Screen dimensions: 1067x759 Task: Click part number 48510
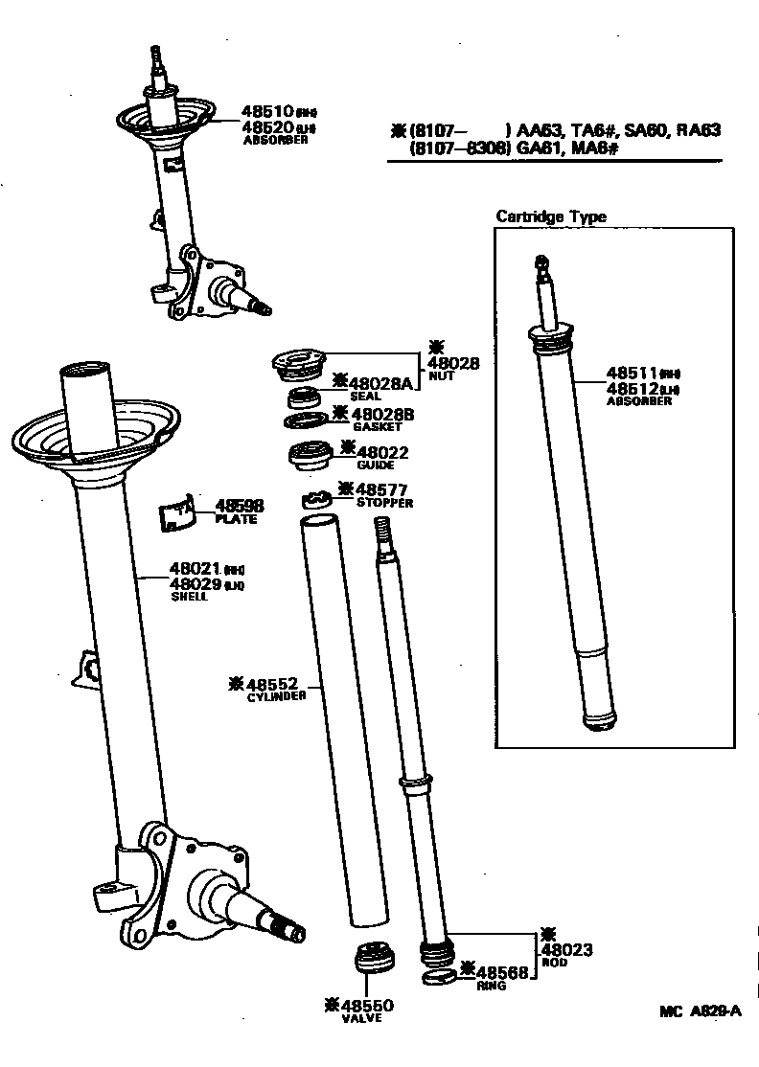pos(266,112)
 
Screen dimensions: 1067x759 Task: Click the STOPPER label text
pos(384,503)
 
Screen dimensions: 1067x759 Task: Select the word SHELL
pos(189,596)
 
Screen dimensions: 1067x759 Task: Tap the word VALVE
pos(362,1017)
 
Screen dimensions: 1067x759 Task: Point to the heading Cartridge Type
pos(550,216)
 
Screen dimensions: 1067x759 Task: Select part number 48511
pos(632,373)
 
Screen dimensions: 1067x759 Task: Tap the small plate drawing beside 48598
pos(176,513)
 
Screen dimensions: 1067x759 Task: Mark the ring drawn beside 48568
pos(439,977)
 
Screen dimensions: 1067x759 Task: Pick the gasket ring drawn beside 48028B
pos(305,420)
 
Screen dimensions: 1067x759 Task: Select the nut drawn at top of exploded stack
pos(299,365)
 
